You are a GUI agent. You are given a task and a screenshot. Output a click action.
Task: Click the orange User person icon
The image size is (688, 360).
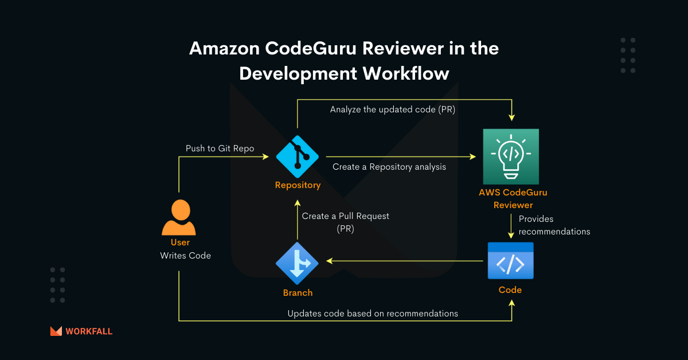(179, 217)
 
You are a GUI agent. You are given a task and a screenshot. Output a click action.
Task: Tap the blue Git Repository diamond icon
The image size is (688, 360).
(297, 156)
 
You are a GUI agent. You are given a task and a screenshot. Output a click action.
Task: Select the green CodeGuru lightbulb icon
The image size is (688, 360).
(510, 156)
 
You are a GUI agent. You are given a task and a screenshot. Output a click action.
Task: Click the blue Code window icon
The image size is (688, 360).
(510, 261)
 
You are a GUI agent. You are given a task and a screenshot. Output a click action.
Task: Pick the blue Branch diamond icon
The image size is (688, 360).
(297, 262)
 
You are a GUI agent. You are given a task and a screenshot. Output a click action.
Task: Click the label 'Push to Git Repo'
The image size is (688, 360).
(220, 148)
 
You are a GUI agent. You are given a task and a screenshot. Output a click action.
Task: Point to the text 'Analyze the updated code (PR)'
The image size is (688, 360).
(393, 109)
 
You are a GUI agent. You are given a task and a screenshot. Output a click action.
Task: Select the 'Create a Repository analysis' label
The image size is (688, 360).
(389, 167)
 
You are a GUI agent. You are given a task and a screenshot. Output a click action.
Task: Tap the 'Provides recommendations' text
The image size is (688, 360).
(554, 225)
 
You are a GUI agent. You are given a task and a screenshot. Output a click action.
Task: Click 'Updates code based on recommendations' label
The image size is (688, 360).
(373, 314)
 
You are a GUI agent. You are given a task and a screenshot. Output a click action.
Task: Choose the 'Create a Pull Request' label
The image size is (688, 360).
(346, 216)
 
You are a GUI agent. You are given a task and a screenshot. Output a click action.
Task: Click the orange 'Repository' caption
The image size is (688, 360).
(298, 185)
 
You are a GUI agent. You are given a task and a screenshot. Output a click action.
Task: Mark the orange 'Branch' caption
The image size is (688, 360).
(298, 293)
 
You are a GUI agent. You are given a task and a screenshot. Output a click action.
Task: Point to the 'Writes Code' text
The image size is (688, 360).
(185, 256)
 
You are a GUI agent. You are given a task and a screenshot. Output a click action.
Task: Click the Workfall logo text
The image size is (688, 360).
(89, 331)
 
